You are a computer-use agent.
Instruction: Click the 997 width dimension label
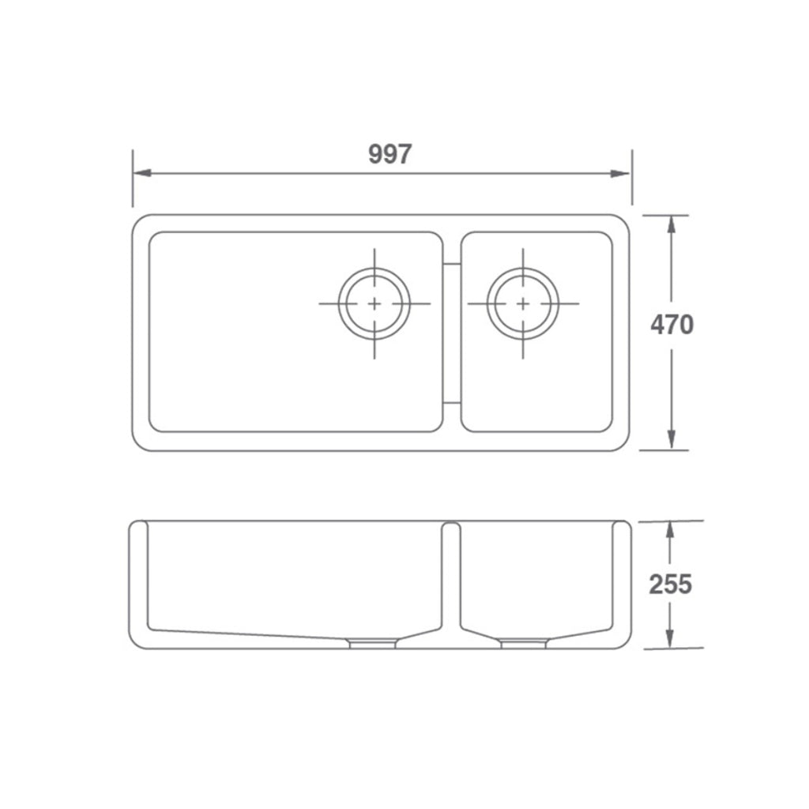click(x=390, y=154)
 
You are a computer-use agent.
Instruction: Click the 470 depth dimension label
click(x=672, y=324)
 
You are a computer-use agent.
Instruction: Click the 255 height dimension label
click(x=670, y=584)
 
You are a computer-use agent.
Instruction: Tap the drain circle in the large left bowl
click(x=374, y=303)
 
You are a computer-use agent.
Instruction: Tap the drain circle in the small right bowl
click(x=522, y=303)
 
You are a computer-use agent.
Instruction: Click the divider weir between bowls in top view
click(x=452, y=333)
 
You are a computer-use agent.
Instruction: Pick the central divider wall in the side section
click(x=451, y=577)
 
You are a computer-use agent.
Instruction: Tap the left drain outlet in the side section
click(x=372, y=644)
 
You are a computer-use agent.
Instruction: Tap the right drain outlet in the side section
click(x=523, y=644)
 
